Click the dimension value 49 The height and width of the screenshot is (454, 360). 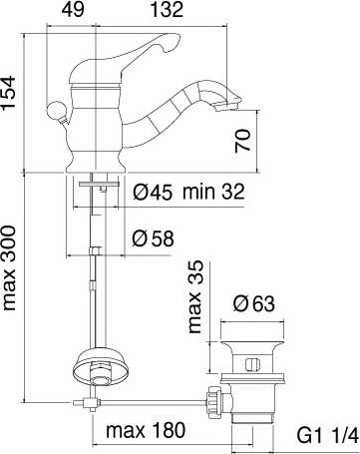tap(73, 10)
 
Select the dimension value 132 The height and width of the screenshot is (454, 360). tap(168, 10)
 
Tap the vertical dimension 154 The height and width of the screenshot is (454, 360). tap(9, 93)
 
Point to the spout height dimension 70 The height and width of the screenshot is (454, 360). tap(243, 141)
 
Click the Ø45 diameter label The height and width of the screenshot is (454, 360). tap(153, 192)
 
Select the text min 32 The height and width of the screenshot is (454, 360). tap(213, 192)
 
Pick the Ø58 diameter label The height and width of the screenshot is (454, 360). tap(153, 238)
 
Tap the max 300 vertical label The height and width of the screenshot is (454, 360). tap(9, 268)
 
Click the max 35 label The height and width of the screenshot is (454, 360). tap(195, 296)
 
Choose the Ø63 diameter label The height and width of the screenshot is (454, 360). tap(254, 303)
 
